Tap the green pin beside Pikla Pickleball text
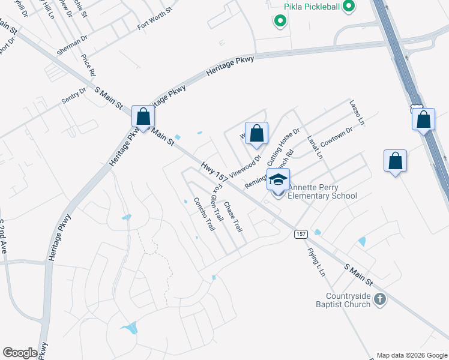[349, 7]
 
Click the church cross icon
[379, 299]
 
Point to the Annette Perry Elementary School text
[322, 191]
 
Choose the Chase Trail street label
[233, 218]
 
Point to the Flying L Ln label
[316, 262]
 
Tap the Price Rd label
[88, 63]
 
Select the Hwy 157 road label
[215, 172]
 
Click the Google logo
[20, 353]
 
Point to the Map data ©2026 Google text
[412, 355]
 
